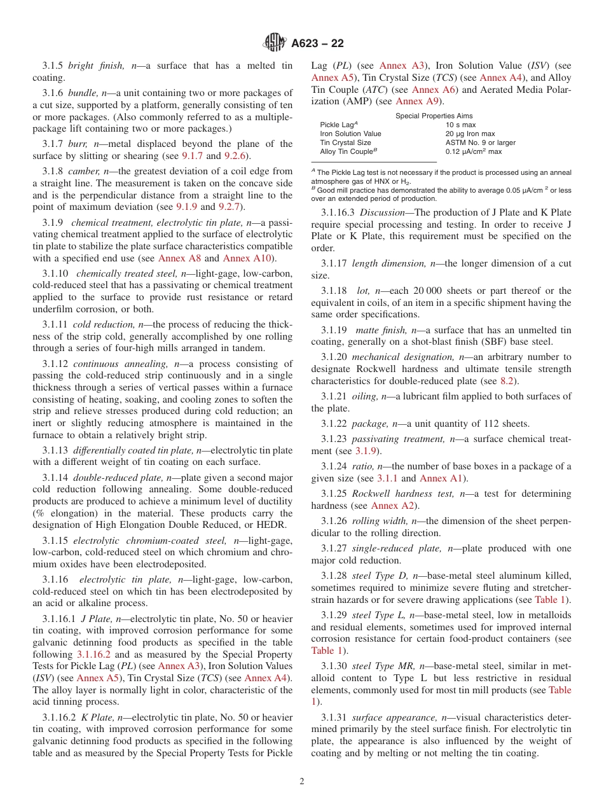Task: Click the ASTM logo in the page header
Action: [x=275, y=43]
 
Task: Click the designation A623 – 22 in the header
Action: [x=317, y=43]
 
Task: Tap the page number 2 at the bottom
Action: [x=302, y=782]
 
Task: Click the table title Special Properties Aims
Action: [x=434, y=116]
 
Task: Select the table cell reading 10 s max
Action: [x=460, y=125]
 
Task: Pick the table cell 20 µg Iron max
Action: [x=470, y=134]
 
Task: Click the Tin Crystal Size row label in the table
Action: [x=345, y=143]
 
